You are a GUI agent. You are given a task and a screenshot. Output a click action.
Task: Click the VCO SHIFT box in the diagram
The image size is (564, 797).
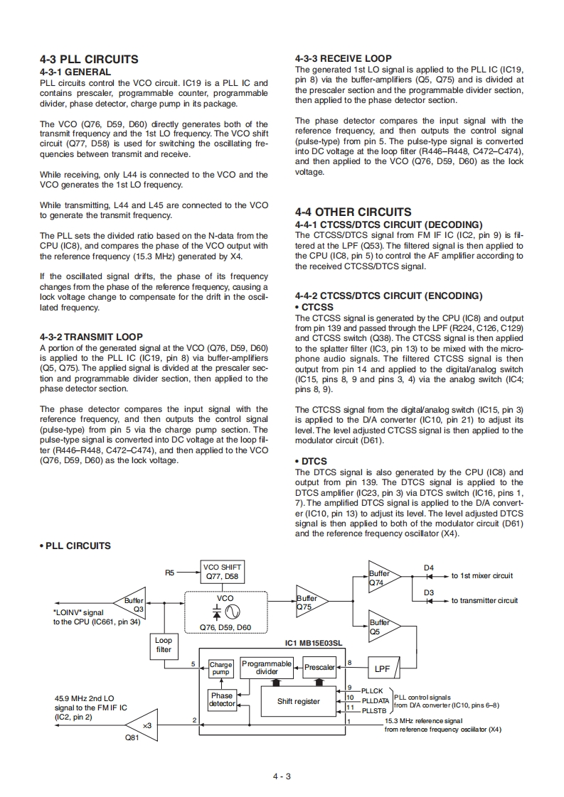pyautogui.click(x=223, y=572)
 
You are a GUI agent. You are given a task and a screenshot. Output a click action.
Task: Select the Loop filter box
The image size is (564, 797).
pyautogui.click(x=164, y=644)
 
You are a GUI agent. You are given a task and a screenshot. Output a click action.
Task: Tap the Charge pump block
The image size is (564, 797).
pyautogui.click(x=220, y=668)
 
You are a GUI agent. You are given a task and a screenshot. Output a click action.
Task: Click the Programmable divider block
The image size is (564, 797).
pyautogui.click(x=267, y=667)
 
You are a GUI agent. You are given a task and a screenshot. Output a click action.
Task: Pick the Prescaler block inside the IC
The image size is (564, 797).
pyautogui.click(x=319, y=668)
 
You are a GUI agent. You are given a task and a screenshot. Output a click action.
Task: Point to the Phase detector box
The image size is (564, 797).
pyautogui.click(x=222, y=700)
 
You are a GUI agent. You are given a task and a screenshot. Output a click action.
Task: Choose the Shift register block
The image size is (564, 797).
pyautogui.click(x=298, y=701)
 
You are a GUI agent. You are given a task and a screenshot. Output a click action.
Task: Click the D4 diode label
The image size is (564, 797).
pyautogui.click(x=429, y=568)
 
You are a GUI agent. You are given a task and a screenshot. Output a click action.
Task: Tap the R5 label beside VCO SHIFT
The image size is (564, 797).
pyautogui.click(x=169, y=571)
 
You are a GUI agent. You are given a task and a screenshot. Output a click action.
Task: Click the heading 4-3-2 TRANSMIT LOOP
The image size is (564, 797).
pyautogui.click(x=91, y=337)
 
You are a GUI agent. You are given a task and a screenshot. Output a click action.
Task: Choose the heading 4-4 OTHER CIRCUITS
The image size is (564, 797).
pyautogui.click(x=353, y=212)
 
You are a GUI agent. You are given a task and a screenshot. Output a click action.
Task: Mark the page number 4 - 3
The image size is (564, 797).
pyautogui.click(x=282, y=776)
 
